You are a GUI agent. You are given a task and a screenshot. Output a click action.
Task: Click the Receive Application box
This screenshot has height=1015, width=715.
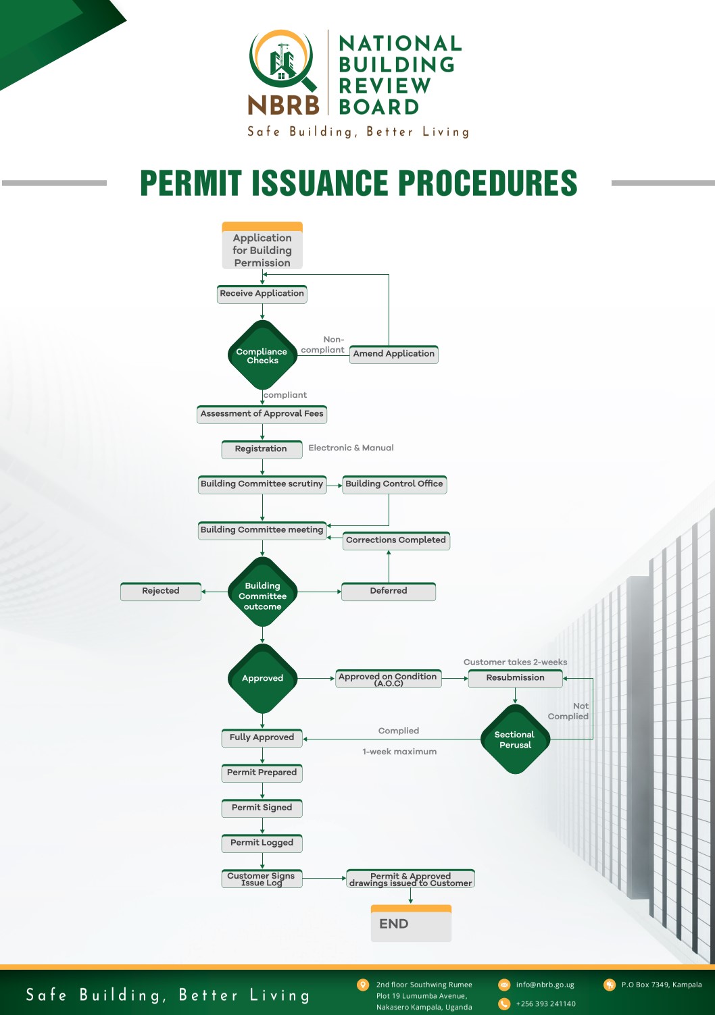(x=262, y=294)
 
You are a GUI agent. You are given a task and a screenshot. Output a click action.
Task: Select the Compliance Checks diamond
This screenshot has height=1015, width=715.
(x=262, y=355)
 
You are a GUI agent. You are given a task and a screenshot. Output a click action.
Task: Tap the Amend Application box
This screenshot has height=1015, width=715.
(x=393, y=355)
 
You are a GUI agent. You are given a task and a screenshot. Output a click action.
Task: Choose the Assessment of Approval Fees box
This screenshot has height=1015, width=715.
(x=262, y=415)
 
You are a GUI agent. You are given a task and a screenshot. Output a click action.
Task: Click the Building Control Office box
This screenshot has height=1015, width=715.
(x=395, y=484)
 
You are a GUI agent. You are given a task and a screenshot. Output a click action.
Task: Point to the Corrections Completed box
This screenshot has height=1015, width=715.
(x=396, y=540)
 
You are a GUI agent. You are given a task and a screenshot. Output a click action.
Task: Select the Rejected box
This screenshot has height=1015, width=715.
(x=160, y=592)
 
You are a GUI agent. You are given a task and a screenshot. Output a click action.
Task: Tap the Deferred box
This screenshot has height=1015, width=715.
(x=389, y=592)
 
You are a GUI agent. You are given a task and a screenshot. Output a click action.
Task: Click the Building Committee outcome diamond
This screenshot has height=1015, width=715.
(x=262, y=592)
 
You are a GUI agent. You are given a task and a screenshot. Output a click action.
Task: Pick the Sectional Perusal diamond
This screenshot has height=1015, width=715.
(x=515, y=739)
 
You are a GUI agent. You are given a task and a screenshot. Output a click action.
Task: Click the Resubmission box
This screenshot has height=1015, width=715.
(x=516, y=678)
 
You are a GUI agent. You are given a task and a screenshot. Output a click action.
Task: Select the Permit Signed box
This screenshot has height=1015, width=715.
(x=262, y=808)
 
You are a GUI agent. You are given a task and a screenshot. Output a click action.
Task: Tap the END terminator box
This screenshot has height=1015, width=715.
(x=412, y=923)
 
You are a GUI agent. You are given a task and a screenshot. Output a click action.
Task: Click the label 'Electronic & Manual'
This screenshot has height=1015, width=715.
(x=351, y=448)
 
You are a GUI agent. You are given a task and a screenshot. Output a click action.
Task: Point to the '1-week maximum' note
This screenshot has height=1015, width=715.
(x=399, y=751)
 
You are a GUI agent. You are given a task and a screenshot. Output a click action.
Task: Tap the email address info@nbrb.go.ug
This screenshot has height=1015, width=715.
(x=545, y=985)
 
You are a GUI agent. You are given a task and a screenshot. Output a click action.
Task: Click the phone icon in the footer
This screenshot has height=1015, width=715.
(x=504, y=1004)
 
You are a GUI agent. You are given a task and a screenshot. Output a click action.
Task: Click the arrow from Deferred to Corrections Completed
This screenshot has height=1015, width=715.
(x=389, y=567)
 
